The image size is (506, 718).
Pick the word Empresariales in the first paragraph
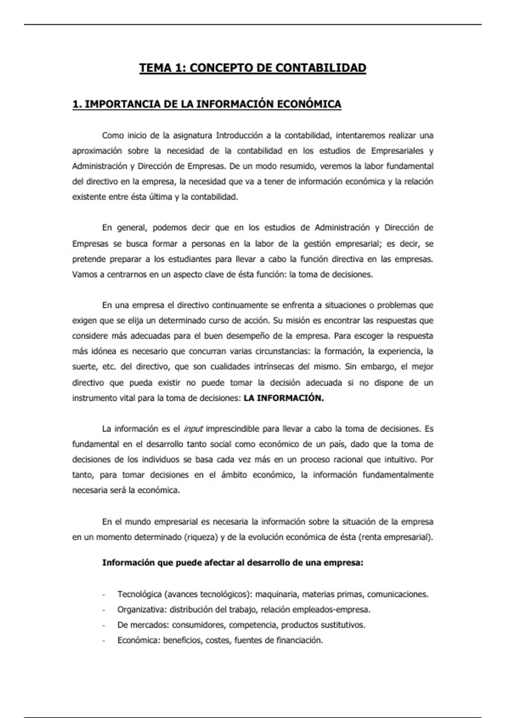[x=396, y=151]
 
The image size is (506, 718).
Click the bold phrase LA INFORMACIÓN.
[x=284, y=398]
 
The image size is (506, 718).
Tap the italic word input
[x=193, y=429]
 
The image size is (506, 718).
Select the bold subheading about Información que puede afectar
[x=233, y=563]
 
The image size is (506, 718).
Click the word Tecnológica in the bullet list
[x=140, y=594]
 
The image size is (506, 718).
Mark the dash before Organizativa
[x=104, y=610]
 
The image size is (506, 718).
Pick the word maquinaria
[x=276, y=594]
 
